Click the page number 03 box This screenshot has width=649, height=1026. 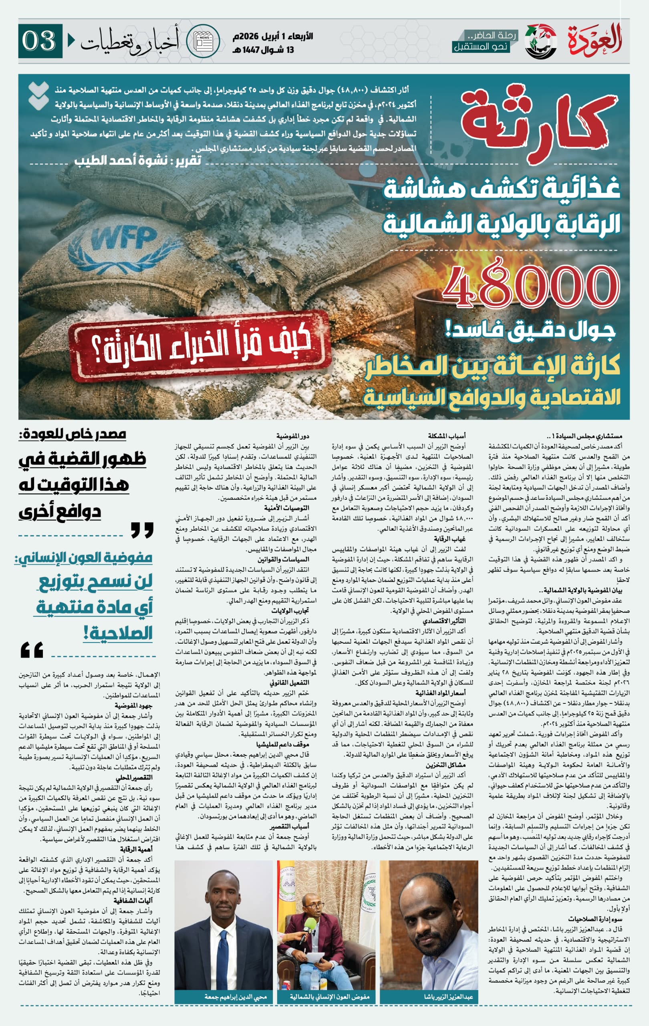(40, 41)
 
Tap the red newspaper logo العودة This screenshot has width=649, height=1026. (595, 40)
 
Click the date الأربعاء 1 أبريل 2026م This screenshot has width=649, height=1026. (273, 36)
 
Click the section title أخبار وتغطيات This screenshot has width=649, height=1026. (129, 41)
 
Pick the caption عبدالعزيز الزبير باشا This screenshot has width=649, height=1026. (448, 997)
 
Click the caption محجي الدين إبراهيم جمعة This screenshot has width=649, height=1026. (235, 997)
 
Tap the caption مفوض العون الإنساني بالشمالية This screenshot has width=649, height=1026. (330, 997)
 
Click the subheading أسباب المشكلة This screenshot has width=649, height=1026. (447, 436)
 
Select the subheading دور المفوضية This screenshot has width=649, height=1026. (292, 436)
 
